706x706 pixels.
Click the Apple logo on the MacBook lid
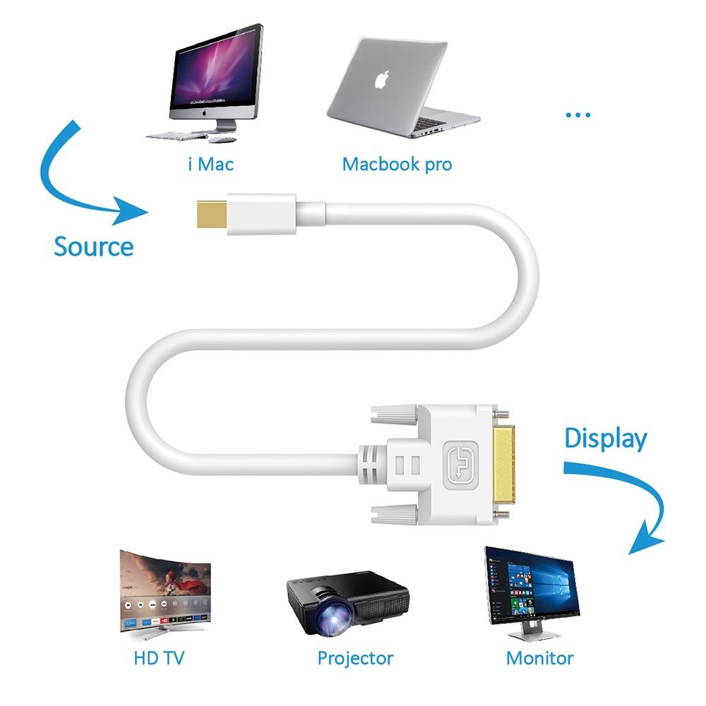[381, 80]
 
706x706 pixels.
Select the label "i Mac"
[211, 164]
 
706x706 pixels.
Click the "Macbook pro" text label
[397, 164]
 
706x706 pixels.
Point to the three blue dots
[578, 115]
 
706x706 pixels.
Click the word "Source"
[94, 246]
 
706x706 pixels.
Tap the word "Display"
[606, 439]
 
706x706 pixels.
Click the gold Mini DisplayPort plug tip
[212, 215]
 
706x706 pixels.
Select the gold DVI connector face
[504, 465]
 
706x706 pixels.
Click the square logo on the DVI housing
[460, 465]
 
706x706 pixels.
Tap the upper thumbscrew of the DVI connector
[394, 414]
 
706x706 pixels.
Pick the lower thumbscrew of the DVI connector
[394, 515]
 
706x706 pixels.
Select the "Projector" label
[355, 659]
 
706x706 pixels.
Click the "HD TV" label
[160, 658]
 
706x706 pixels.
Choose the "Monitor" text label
[540, 658]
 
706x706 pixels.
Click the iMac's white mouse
[222, 140]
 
